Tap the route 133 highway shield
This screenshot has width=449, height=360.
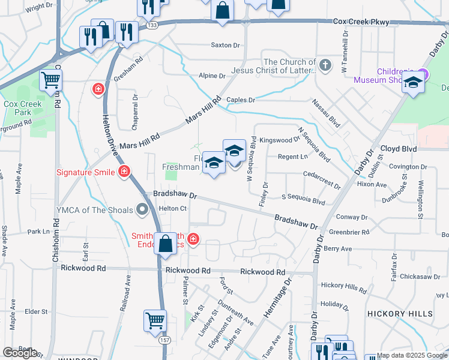pos(152,25)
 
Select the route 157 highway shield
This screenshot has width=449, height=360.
pos(164,340)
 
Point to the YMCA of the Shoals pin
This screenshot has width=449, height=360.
pos(142,209)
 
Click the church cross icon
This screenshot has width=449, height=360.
pos(325,65)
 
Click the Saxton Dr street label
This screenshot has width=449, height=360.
pos(225,45)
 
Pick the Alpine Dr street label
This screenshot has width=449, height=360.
pos(212,76)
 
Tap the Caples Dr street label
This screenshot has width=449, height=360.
pos(241,100)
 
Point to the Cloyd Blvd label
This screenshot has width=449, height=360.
pos(398,148)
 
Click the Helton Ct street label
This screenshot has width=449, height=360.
pos(173,208)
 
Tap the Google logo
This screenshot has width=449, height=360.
pos(20,352)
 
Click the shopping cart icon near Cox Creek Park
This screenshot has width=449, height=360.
pos(50,79)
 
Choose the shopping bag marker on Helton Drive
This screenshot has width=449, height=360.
pos(164,244)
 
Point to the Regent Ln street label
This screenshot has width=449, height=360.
pos(292,157)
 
